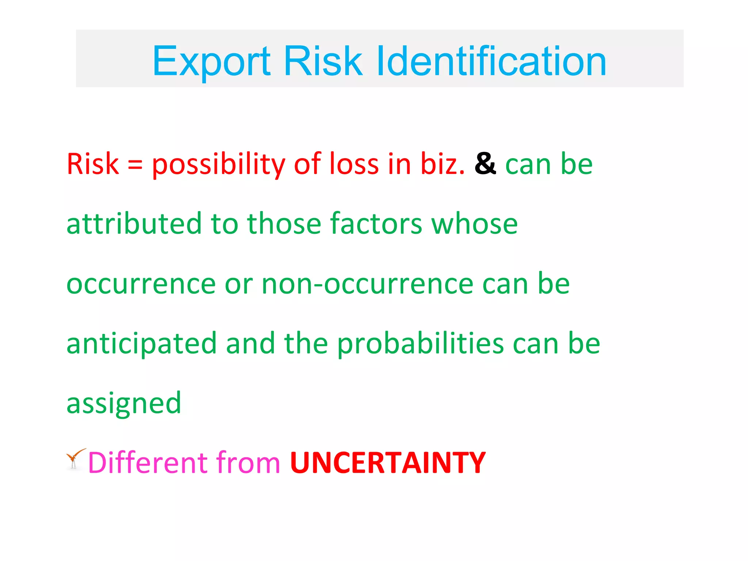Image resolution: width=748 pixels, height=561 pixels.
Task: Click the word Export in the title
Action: tap(211, 61)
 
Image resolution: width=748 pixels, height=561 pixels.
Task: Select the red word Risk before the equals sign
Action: tap(93, 164)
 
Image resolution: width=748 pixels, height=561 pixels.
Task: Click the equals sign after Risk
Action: tap(135, 165)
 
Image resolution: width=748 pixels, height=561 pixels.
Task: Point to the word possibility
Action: tap(218, 165)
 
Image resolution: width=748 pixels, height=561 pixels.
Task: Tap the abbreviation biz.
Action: tap(442, 164)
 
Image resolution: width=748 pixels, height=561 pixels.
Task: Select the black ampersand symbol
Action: tap(485, 164)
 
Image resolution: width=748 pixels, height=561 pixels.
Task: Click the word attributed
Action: tap(134, 224)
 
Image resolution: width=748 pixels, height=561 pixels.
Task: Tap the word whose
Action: tap(474, 224)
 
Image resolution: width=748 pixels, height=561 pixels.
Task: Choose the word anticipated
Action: tap(142, 344)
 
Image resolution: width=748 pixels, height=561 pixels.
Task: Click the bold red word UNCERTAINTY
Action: tap(388, 463)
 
